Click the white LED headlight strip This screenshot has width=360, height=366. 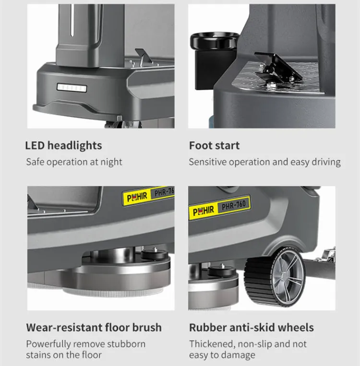[72, 88]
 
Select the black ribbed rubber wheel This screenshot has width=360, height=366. [275, 277]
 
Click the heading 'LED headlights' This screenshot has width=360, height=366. [63, 145]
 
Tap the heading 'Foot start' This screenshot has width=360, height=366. [214, 145]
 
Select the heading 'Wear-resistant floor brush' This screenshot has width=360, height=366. [94, 327]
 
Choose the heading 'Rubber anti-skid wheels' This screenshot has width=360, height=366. [252, 327]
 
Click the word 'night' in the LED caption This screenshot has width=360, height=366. [111, 162]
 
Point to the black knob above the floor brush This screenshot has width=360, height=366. [155, 254]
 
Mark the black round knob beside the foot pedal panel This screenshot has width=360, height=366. [215, 40]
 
